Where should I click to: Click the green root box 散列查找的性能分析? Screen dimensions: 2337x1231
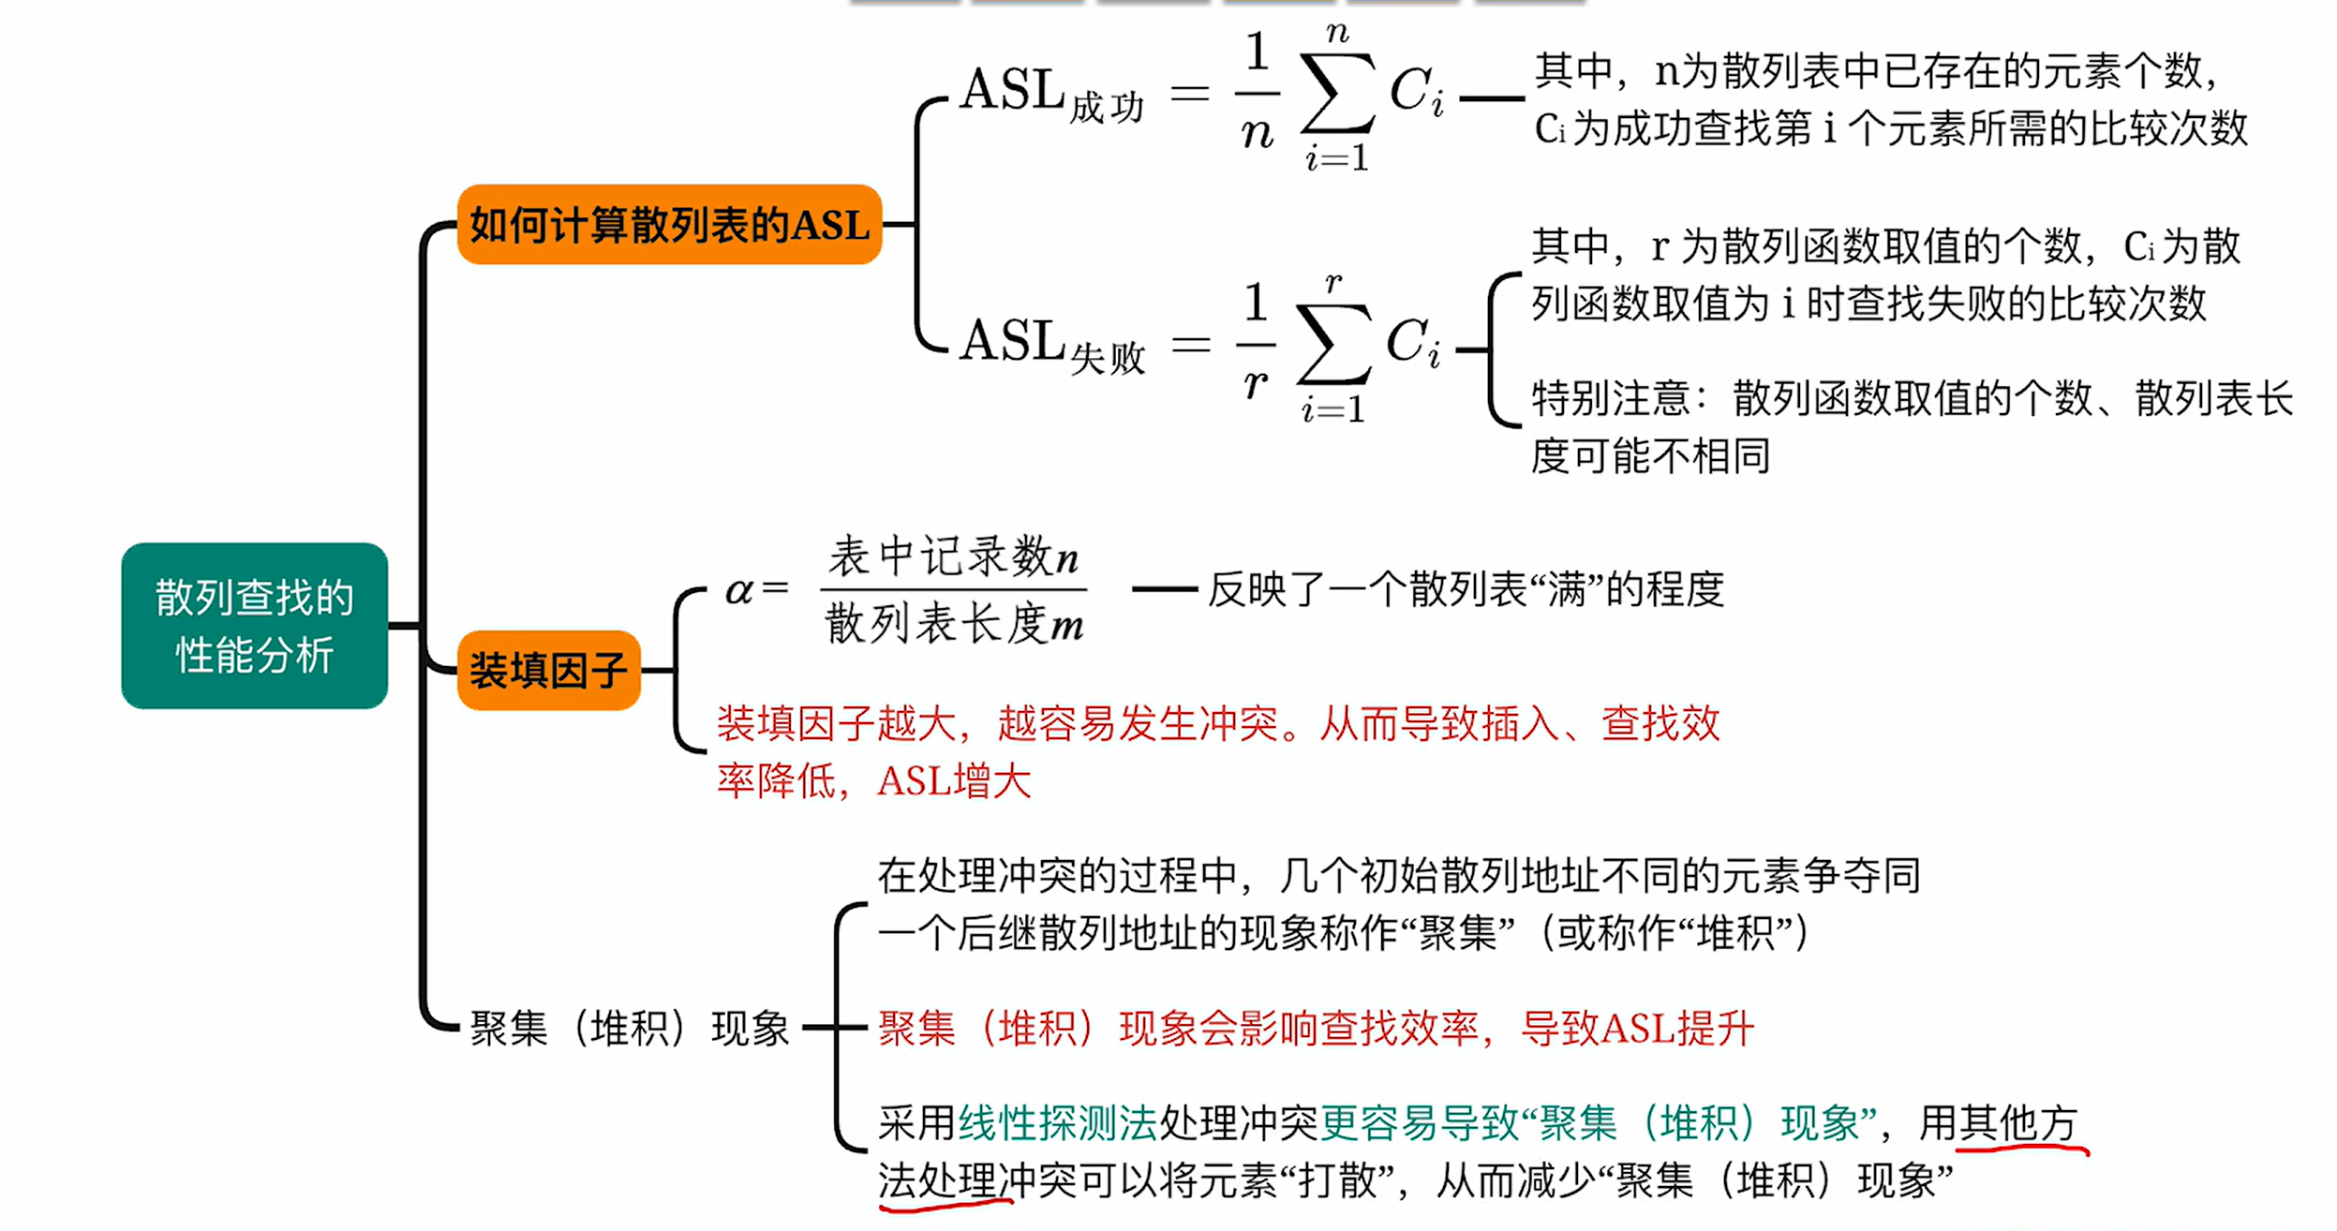tap(254, 625)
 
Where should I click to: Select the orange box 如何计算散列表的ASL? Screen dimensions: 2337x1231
tap(669, 225)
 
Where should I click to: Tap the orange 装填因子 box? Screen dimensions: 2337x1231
tap(548, 670)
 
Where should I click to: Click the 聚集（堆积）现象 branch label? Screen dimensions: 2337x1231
tap(630, 1028)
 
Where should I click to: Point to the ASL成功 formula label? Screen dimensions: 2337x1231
tap(1052, 95)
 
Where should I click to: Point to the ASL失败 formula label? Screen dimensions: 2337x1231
tap(1052, 345)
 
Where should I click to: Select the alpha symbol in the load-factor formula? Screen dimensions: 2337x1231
tap(739, 590)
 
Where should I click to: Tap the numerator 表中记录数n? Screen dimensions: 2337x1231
tap(953, 556)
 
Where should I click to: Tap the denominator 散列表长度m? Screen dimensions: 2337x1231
tap(953, 622)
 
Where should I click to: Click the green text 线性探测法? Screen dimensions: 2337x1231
tap(1058, 1122)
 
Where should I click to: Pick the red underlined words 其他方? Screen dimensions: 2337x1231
tap(2018, 1122)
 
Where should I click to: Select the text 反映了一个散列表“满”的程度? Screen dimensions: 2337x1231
tap(1466, 589)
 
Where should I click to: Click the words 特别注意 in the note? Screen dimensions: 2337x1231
tap(1610, 398)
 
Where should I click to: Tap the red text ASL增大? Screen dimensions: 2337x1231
tap(954, 780)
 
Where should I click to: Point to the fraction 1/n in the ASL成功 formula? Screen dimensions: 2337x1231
tap(1258, 91)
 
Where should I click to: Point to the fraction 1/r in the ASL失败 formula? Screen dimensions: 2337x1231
tap(1256, 342)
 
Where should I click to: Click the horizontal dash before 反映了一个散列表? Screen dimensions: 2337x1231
tap(1165, 589)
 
